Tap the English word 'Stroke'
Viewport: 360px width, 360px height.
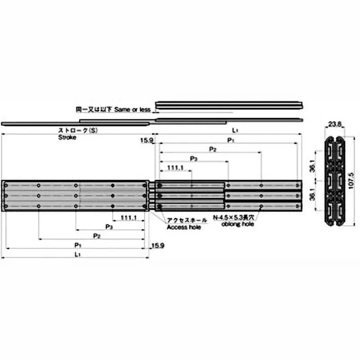point(67,138)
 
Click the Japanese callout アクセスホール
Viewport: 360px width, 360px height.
point(187,220)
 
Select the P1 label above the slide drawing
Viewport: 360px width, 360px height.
point(230,140)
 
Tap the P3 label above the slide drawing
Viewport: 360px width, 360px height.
point(193,158)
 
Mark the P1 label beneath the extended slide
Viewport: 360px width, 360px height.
point(78,245)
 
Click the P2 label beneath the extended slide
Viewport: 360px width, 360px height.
point(96,236)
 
